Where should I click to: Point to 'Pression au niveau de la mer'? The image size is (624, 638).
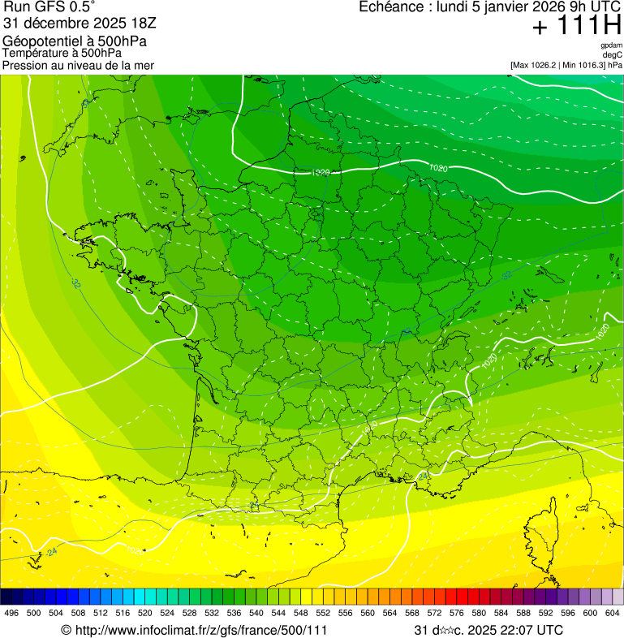(78, 65)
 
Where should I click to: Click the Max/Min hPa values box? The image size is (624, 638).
(566, 65)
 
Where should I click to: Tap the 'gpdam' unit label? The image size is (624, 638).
(611, 45)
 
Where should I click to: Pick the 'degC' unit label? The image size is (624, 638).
(613, 55)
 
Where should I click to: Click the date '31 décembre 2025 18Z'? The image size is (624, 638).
(80, 23)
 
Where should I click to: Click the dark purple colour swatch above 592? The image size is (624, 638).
(546, 596)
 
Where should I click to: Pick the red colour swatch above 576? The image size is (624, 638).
(457, 596)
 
